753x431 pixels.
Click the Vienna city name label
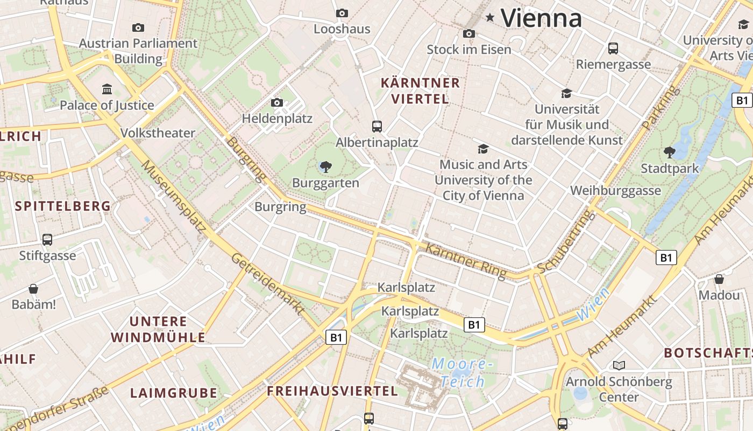click(541, 18)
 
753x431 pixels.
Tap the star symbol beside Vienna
click(490, 18)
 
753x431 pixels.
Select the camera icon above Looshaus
click(342, 13)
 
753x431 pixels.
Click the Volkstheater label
click(158, 133)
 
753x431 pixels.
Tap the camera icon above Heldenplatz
click(277, 102)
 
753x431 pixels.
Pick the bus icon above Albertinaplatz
click(377, 127)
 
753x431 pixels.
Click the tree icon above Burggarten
click(325, 167)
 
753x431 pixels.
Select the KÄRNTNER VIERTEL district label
click(420, 91)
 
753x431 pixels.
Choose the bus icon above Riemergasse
click(613, 48)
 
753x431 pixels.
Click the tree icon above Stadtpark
click(670, 152)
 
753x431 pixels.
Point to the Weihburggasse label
click(615, 191)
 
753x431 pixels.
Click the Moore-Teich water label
click(461, 373)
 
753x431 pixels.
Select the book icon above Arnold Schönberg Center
click(619, 366)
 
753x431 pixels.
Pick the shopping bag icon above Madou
click(719, 279)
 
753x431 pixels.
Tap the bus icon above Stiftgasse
click(47, 239)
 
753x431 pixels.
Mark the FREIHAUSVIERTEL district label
click(332, 391)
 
